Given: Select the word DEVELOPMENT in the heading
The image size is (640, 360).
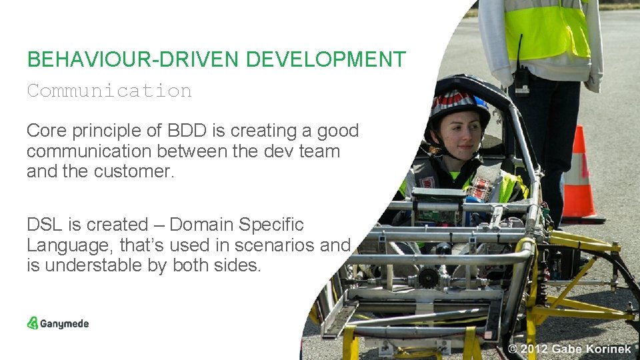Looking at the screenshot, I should [x=325, y=59].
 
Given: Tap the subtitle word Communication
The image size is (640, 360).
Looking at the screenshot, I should [x=109, y=91].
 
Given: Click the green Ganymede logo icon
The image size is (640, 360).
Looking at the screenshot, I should [x=33, y=323].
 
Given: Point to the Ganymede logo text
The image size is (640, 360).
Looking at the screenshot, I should [x=65, y=324].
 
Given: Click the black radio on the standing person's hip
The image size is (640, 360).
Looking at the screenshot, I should [x=522, y=81].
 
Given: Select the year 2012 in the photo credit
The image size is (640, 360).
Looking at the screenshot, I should [x=536, y=349].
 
